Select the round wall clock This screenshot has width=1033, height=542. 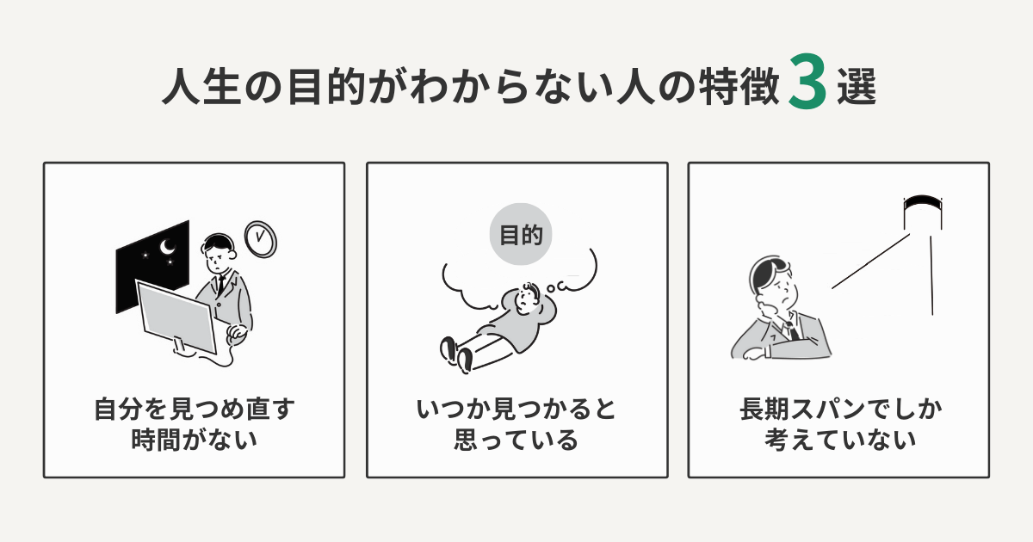tap(260, 237)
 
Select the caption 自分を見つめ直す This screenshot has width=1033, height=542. tap(194, 409)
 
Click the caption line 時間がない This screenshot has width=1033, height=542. tap(194, 440)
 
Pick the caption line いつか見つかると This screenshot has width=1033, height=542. tap(516, 409)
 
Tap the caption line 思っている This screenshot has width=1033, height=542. tap(516, 440)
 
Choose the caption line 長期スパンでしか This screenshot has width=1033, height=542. tap(839, 409)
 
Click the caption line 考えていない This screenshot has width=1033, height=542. tap(839, 440)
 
